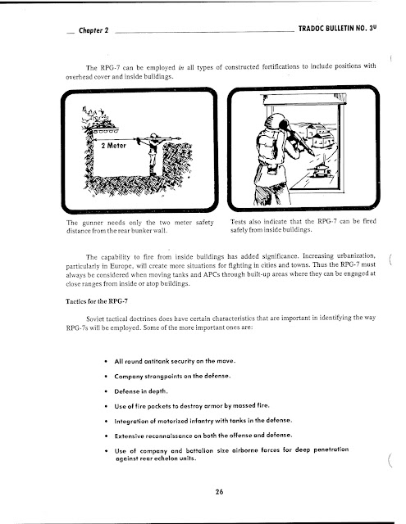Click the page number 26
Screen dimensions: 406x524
[219, 491]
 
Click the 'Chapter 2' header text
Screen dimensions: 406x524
[94, 30]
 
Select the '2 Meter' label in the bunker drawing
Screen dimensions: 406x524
[114, 146]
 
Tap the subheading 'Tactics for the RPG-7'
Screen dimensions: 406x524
[97, 301]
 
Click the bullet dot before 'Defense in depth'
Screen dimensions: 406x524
[106, 391]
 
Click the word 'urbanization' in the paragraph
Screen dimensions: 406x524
[356, 255]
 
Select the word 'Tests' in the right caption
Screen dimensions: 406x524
[238, 222]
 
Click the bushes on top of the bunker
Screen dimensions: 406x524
[97, 118]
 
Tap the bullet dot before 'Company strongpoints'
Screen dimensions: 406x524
[106, 377]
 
